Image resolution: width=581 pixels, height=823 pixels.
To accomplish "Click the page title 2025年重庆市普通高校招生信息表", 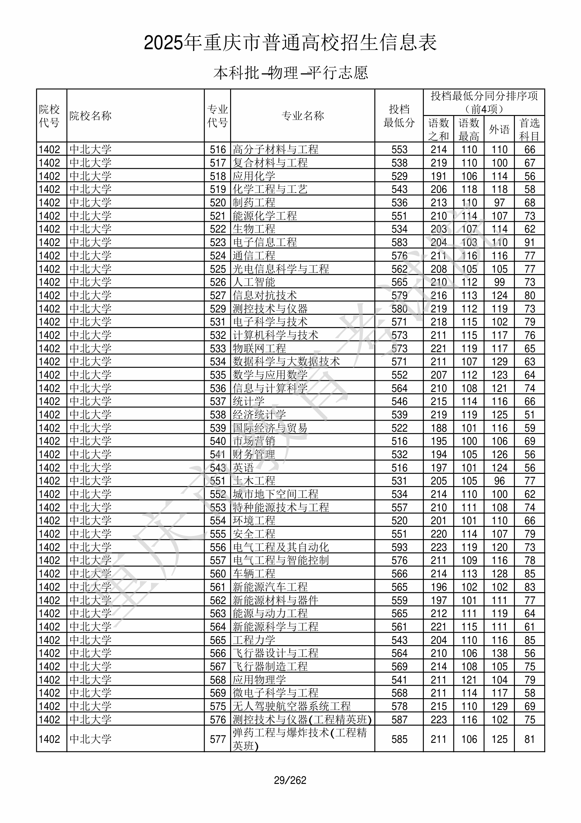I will click(x=290, y=43).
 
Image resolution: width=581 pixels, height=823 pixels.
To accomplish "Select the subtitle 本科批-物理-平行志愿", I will click(x=290, y=73).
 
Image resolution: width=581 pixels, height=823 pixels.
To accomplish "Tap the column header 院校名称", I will click(x=90, y=116).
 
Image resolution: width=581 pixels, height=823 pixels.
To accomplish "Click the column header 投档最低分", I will click(x=399, y=116).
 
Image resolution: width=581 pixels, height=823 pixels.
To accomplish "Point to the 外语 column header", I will click(x=499, y=129).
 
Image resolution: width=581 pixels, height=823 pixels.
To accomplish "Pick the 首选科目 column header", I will click(x=530, y=129).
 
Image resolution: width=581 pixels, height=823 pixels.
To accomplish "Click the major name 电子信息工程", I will click(x=265, y=242).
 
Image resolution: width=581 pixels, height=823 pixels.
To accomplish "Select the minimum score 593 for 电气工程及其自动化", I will click(x=399, y=547).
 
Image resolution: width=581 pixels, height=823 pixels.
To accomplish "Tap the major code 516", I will click(x=218, y=150).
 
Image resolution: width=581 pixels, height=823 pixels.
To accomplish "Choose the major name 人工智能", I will click(x=254, y=282).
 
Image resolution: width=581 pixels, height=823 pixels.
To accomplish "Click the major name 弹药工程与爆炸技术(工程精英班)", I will click(x=300, y=739).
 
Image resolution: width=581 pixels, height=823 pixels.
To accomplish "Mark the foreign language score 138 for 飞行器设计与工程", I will click(x=499, y=654).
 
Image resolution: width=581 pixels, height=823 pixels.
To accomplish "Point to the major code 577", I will click(x=218, y=739).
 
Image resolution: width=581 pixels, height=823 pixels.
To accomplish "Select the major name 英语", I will click(x=243, y=468).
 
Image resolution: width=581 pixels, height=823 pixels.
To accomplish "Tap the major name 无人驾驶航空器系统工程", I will click(x=292, y=706).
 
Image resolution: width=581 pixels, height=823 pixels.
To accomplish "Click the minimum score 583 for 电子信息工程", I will click(x=399, y=242).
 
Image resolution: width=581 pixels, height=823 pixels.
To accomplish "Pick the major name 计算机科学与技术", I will click(x=275, y=335).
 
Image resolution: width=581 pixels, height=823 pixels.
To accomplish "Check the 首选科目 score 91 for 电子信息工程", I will click(x=530, y=242).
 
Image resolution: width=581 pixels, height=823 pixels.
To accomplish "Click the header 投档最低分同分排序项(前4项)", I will click(x=484, y=102).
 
